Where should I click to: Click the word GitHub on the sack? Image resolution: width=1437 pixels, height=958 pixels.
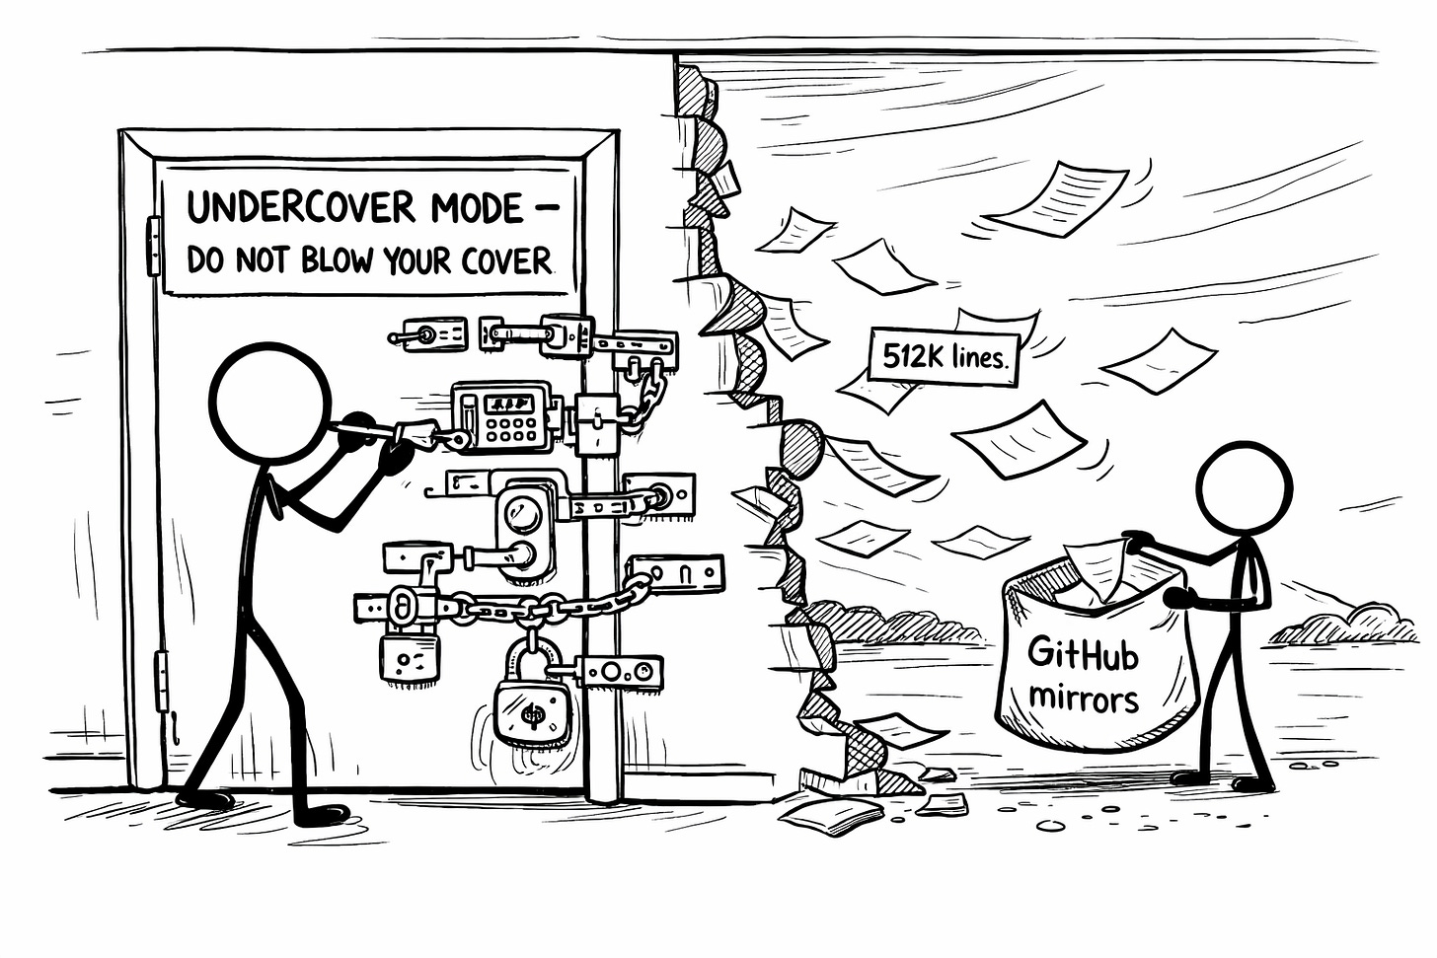coord(1083,654)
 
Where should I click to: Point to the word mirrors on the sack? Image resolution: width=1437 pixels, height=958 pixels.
coord(1083,699)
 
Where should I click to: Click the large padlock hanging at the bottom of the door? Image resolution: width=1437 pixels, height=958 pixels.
coord(532,707)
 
